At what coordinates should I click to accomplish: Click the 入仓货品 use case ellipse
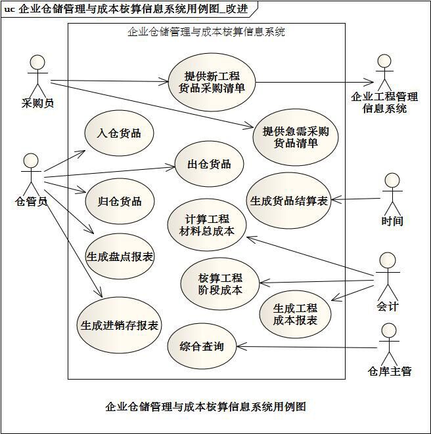[x=119, y=133]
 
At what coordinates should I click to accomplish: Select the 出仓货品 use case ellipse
[x=209, y=164]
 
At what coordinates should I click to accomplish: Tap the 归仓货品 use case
[x=120, y=201]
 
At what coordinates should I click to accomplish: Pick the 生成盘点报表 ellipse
[x=120, y=256]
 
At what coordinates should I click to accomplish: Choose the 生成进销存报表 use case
[x=120, y=325]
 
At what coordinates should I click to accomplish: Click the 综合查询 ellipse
[x=202, y=346]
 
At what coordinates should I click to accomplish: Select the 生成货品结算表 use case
[x=289, y=201]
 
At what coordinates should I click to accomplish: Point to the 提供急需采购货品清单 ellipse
[x=296, y=137]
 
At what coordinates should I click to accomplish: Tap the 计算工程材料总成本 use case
[x=207, y=225]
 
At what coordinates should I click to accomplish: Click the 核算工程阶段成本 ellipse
[x=220, y=284]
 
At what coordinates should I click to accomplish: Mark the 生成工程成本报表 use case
[x=295, y=315]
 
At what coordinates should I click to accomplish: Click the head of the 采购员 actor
[x=37, y=62]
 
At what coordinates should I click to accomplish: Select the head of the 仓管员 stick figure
[x=31, y=161]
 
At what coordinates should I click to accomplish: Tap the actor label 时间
[x=392, y=221]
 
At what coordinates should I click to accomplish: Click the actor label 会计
[x=387, y=306]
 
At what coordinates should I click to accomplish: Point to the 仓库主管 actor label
[x=390, y=371]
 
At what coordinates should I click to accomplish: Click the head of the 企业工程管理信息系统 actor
[x=385, y=62]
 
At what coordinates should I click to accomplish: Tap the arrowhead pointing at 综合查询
[x=240, y=347]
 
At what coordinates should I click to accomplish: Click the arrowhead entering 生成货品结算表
[x=336, y=199]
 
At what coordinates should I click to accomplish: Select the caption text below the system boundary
[x=206, y=406]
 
